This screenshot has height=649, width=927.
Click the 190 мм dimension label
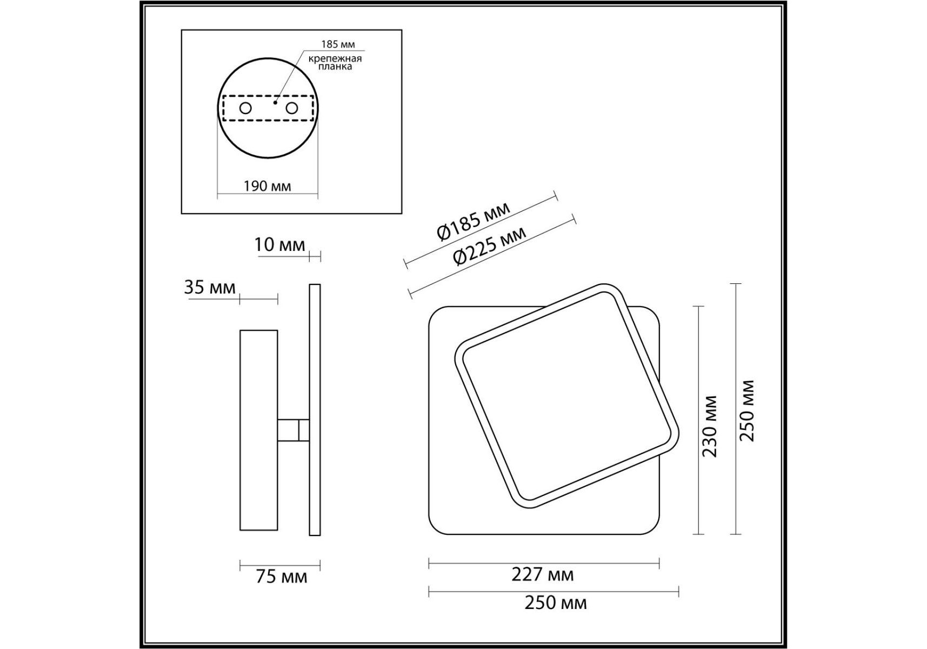(x=267, y=186)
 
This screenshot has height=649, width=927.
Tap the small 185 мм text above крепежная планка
(x=338, y=44)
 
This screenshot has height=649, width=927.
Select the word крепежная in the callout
(x=335, y=58)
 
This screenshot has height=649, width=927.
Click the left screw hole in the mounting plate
(x=245, y=108)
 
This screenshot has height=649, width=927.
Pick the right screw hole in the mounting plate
(x=292, y=108)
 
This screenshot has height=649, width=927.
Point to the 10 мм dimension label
(x=279, y=244)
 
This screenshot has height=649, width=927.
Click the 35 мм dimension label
(x=210, y=287)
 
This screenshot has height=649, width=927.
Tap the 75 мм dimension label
(x=281, y=577)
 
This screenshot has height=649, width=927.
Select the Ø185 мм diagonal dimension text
(x=473, y=221)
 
